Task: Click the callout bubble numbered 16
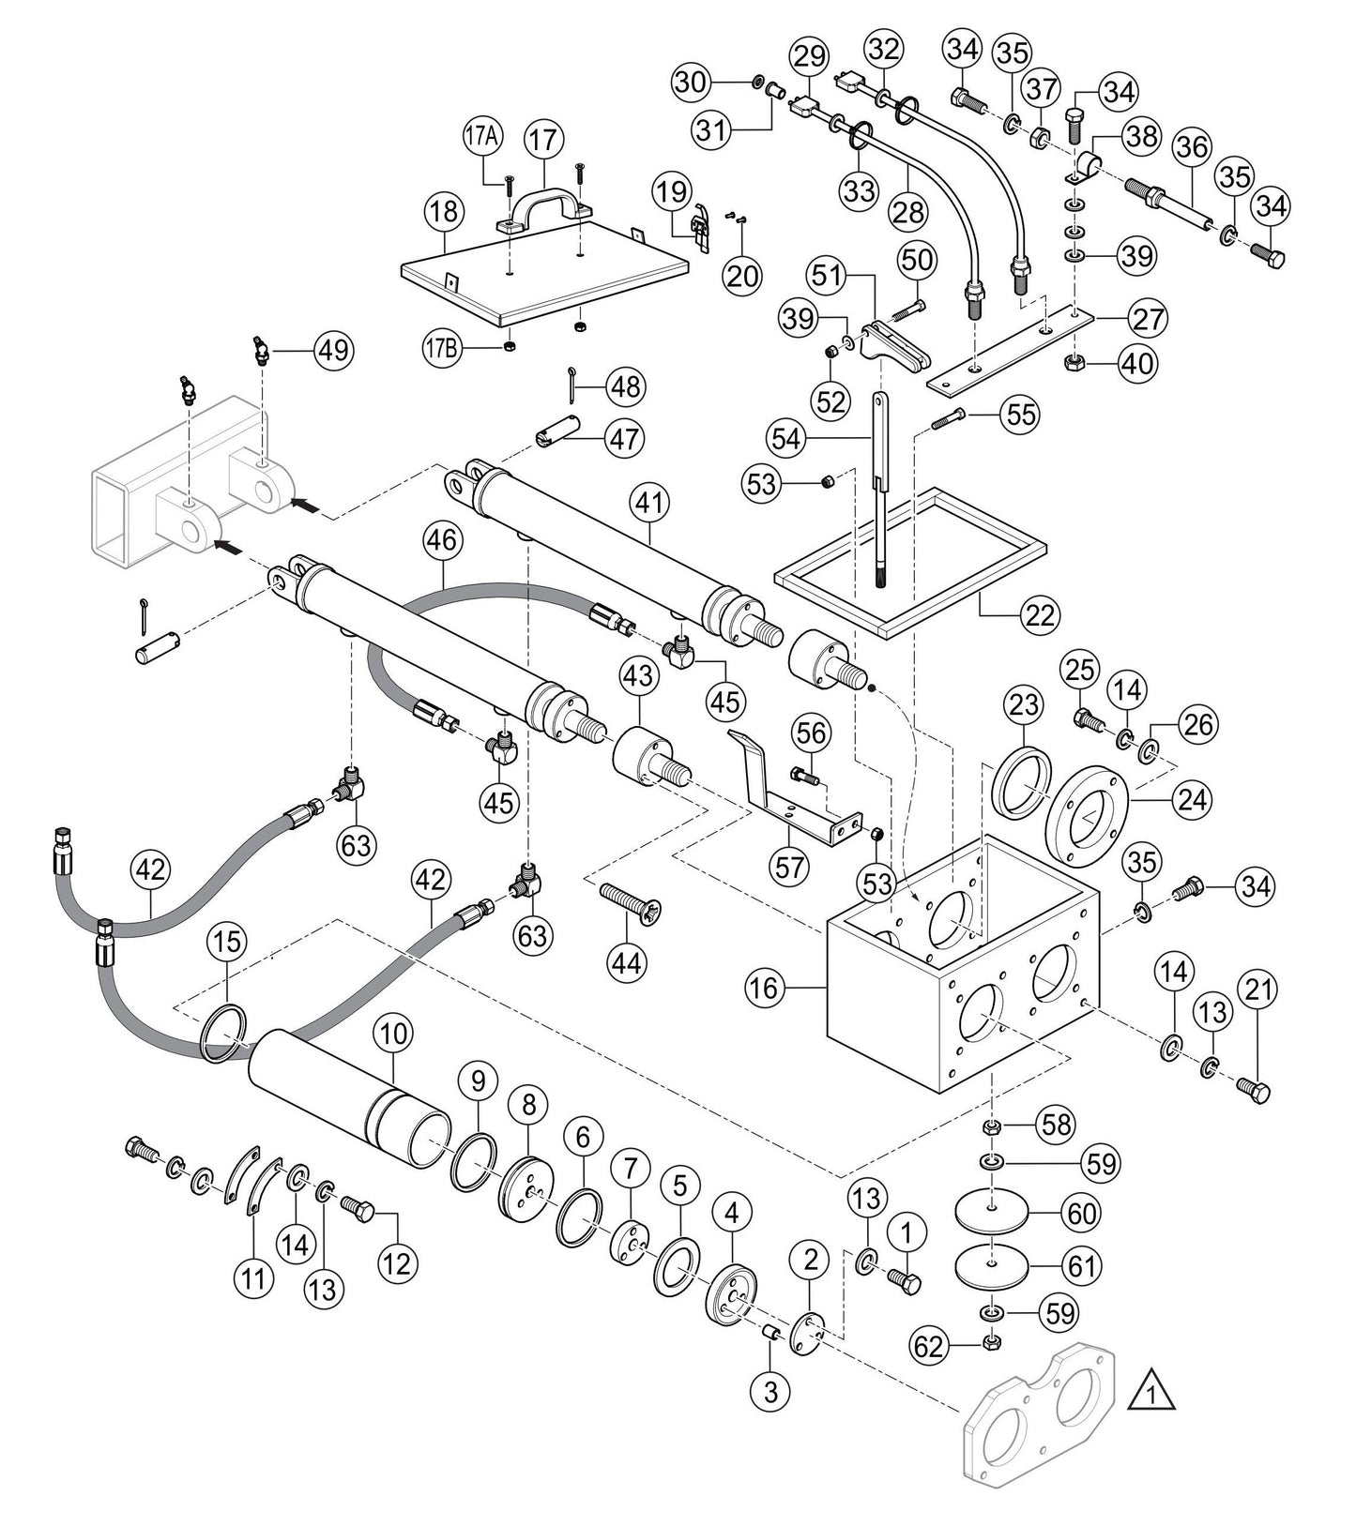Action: pyautogui.click(x=767, y=987)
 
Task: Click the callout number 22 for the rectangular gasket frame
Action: pyautogui.click(x=1042, y=615)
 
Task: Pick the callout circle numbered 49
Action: pyautogui.click(x=334, y=350)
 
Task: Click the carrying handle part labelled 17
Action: pyautogui.click(x=541, y=204)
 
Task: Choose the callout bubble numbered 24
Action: pyautogui.click(x=1194, y=800)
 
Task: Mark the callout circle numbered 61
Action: pyautogui.click(x=1080, y=1266)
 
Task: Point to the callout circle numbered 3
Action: pyautogui.click(x=770, y=1393)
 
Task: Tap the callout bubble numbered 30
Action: pyautogui.click(x=693, y=83)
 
